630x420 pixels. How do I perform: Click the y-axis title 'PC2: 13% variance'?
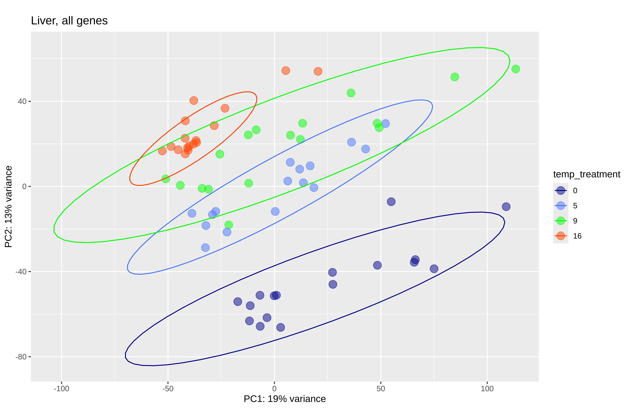9,207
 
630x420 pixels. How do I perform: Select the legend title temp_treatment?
587,174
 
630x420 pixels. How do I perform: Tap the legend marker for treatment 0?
561,191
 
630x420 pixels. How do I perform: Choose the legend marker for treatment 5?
561,206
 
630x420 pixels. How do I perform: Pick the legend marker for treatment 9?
561,221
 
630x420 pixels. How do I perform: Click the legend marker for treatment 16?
561,236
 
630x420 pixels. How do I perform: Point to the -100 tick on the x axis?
62,389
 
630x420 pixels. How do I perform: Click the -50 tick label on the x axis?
168,389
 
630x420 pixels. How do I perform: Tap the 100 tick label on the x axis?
487,389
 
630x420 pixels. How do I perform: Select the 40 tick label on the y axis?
22,101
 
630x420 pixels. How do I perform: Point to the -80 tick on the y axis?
21,357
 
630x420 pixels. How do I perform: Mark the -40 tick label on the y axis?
21,272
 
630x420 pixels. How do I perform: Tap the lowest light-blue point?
205,247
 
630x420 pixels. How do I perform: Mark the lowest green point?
228,225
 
